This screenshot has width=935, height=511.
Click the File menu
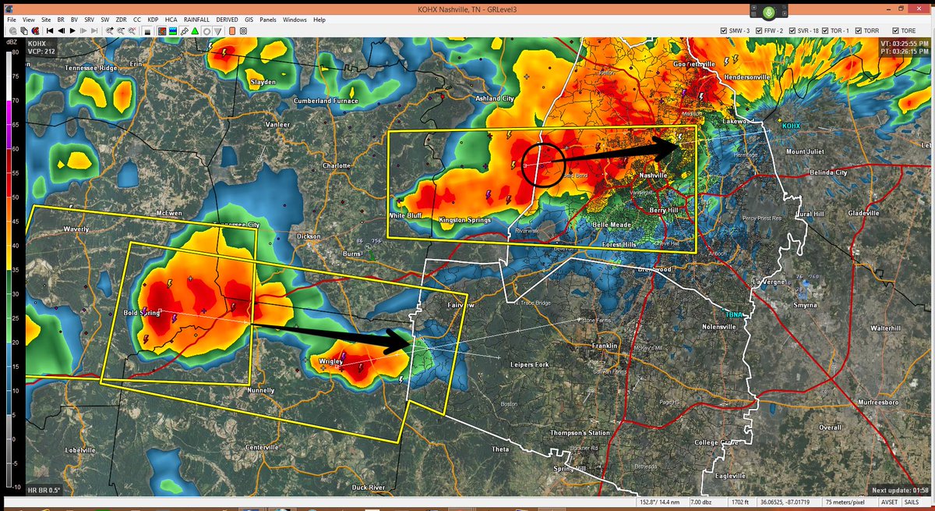click(10, 19)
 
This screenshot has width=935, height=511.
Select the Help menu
click(319, 19)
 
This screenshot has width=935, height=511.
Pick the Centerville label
click(262, 447)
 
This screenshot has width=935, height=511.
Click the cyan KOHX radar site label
click(792, 125)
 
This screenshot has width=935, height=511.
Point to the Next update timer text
click(897, 489)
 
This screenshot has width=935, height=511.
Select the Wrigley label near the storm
click(331, 361)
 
